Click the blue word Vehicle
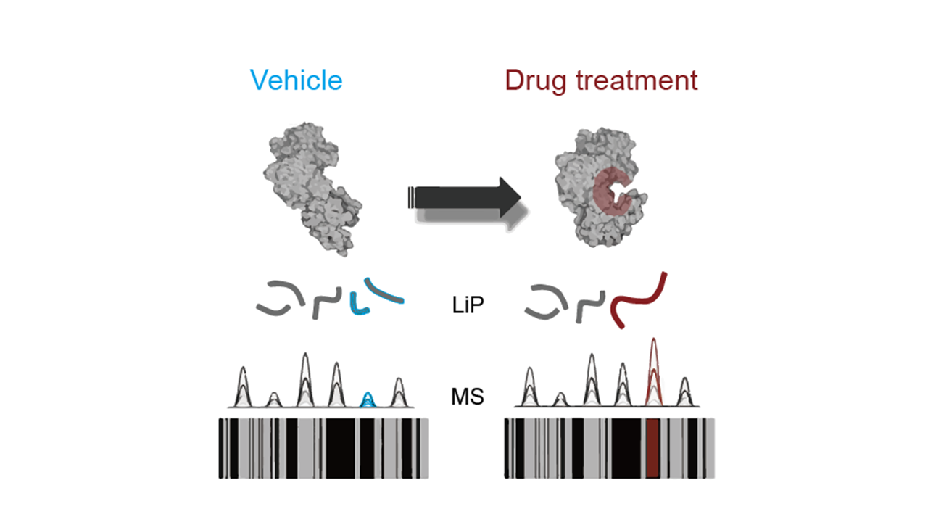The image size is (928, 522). click(x=296, y=80)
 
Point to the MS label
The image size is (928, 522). click(x=467, y=397)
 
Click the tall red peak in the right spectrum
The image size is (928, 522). click(x=654, y=370)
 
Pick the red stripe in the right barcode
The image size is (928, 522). click(x=652, y=447)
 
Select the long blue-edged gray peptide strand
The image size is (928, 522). click(x=384, y=291)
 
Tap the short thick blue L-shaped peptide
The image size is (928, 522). click(x=357, y=305)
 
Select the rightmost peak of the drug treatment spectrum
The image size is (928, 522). click(x=684, y=391)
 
